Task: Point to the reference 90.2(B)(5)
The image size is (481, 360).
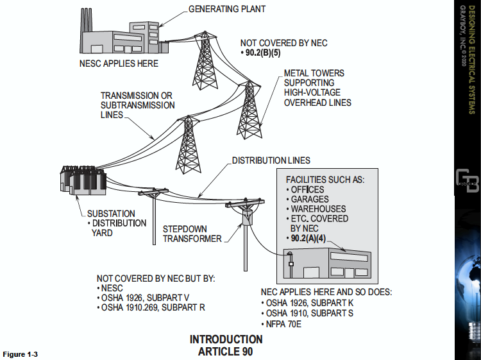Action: [x=269, y=53]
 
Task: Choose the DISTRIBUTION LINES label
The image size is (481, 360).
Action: [x=271, y=160]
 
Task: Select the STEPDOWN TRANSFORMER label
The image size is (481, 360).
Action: [x=192, y=234]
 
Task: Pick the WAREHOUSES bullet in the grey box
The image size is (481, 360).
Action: [x=318, y=209]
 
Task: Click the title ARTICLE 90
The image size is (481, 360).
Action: [x=226, y=352]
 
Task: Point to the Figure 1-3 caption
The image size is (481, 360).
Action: [x=21, y=355]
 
